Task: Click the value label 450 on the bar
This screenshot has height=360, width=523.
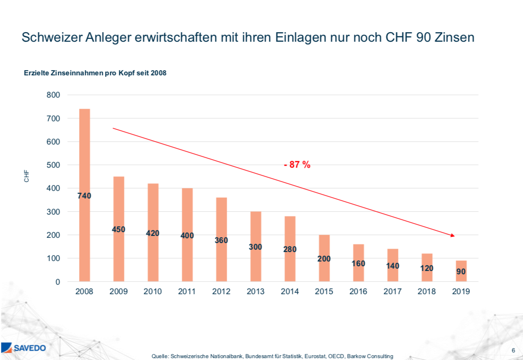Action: click(x=118, y=229)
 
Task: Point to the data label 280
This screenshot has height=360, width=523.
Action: click(x=290, y=249)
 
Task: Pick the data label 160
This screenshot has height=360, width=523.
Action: click(x=358, y=263)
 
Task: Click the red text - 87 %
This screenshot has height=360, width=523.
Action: click(x=297, y=165)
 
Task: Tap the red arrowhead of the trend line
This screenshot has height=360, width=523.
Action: click(x=452, y=235)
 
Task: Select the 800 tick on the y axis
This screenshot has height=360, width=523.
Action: click(x=53, y=95)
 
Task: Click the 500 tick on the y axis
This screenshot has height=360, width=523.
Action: click(x=53, y=165)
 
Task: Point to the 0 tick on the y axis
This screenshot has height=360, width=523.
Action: click(x=58, y=282)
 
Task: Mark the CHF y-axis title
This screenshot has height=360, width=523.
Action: click(x=27, y=176)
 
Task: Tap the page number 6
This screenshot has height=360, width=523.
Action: click(x=514, y=350)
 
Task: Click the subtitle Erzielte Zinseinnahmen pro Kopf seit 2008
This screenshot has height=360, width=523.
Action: click(x=95, y=73)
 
